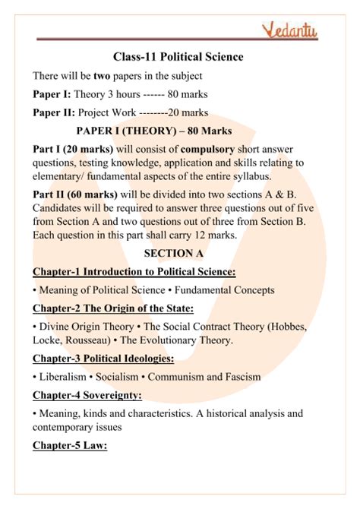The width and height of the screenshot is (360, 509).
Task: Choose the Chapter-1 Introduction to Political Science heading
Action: pyautogui.click(x=134, y=271)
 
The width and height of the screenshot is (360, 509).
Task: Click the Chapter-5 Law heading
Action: pyautogui.click(x=70, y=446)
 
